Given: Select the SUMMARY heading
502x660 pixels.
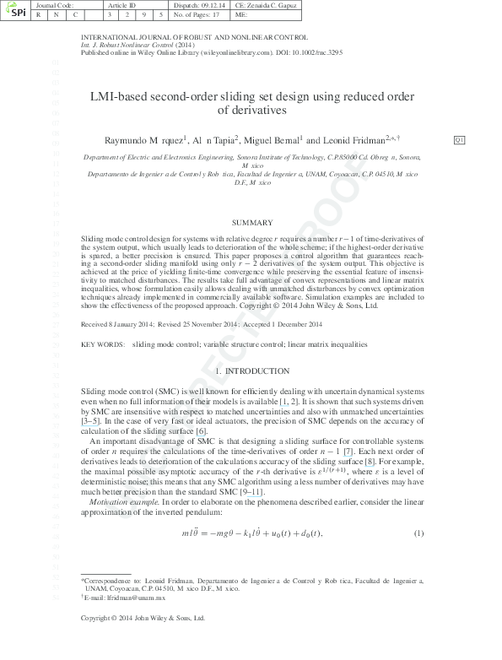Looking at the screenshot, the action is [x=251, y=223].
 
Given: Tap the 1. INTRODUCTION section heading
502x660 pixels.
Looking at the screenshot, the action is [x=251, y=371].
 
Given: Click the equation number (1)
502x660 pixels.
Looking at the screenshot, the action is [x=418, y=534].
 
